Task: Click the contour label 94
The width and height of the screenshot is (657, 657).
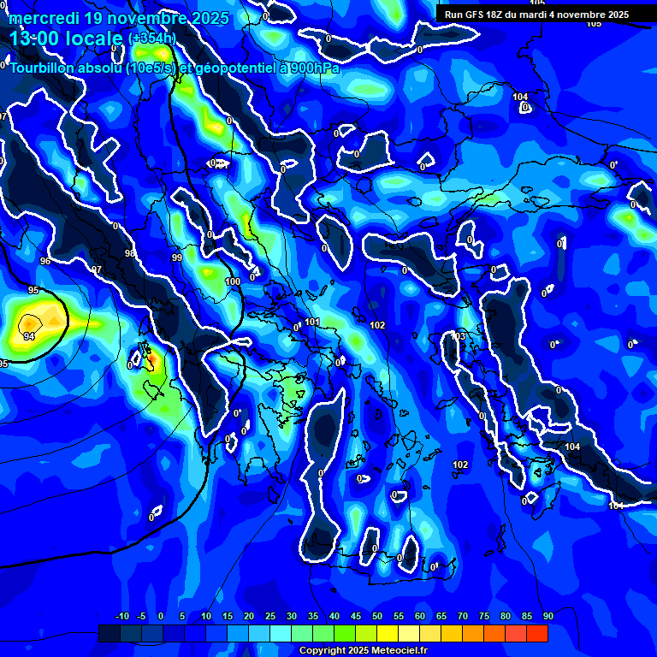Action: point(29,337)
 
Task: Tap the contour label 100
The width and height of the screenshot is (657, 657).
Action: point(233,281)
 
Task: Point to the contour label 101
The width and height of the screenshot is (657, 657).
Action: point(312,322)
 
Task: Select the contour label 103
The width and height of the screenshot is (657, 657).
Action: point(459,336)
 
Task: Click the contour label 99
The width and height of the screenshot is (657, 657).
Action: point(177,257)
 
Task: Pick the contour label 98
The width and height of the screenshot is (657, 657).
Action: point(130,254)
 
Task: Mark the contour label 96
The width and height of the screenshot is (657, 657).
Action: point(45,261)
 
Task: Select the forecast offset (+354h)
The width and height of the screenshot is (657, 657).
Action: point(152,38)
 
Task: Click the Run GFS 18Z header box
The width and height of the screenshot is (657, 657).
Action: point(536,15)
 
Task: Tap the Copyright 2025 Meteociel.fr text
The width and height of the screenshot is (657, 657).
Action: point(363,650)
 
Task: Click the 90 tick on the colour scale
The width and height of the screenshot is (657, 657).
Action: point(547,616)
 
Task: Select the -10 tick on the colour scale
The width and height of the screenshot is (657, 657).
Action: point(121,616)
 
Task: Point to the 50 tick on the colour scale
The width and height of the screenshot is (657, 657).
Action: point(377,616)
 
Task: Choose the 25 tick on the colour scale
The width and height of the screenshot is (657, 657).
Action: point(270,616)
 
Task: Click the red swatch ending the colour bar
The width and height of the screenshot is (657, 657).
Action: point(537,633)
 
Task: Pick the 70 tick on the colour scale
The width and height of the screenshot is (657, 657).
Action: point(463,616)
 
